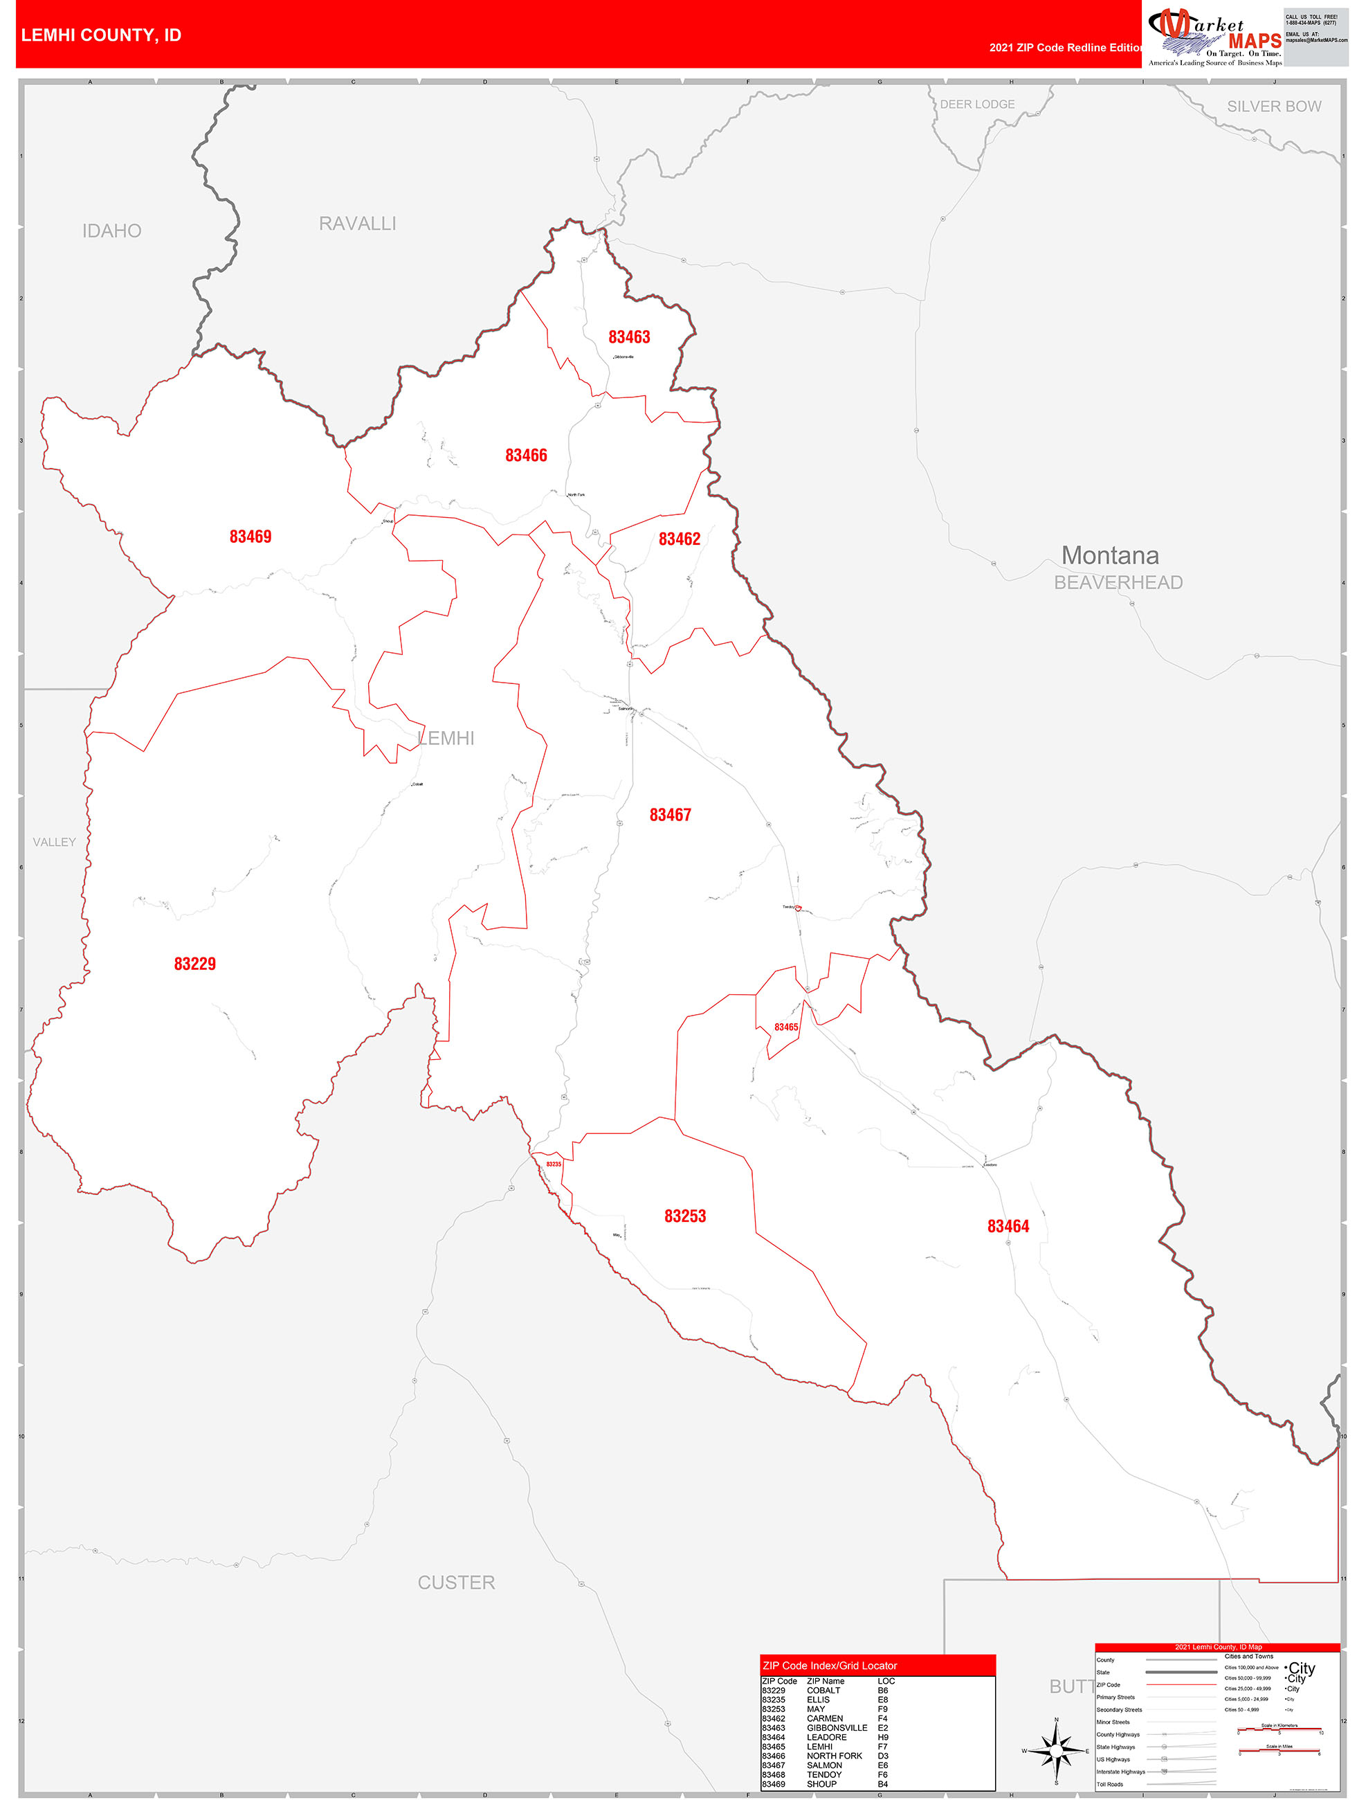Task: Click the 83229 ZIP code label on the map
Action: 194,964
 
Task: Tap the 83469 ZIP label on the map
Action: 250,537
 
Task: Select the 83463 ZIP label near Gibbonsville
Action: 629,337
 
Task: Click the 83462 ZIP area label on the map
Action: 680,539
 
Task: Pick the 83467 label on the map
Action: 670,815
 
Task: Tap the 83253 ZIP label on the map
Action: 685,1216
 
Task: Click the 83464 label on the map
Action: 1008,1225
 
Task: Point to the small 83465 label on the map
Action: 786,1027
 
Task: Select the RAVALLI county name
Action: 357,224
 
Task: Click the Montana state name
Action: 1110,555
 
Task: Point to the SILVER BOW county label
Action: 1273,107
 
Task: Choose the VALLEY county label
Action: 54,843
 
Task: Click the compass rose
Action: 1055,1750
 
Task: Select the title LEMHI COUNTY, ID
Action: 101,35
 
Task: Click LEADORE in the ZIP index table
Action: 826,1736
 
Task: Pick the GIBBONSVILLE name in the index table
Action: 837,1727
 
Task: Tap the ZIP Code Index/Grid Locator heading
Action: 829,1665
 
